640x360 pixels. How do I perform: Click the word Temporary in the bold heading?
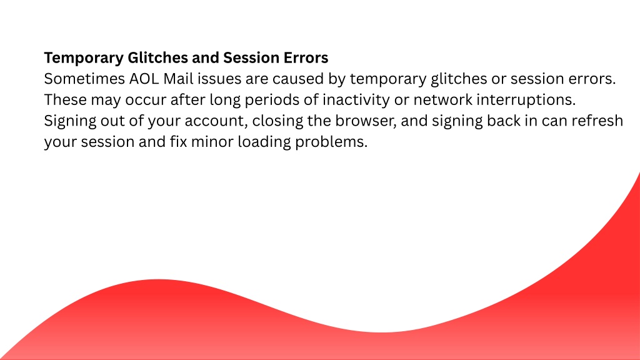pos(84,58)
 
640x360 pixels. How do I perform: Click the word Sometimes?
pos(84,79)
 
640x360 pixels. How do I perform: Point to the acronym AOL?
pos(144,79)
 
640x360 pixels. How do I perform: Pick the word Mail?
pos(178,79)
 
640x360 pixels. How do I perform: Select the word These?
pos(65,100)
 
